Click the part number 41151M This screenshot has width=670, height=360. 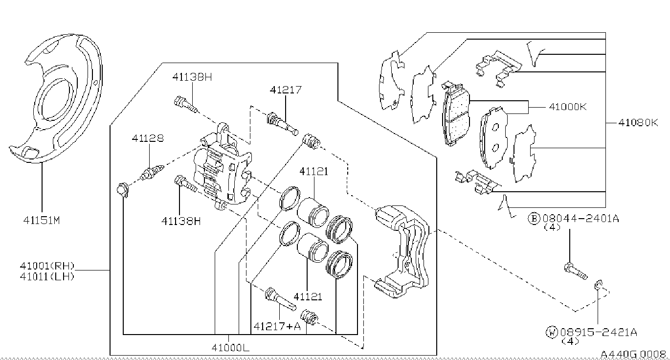pyautogui.click(x=42, y=221)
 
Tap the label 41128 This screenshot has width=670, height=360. pyautogui.click(x=148, y=138)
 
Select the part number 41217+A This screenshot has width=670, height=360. pyautogui.click(x=277, y=326)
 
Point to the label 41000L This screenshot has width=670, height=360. pyautogui.click(x=230, y=347)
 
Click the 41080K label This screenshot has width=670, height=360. pyautogui.click(x=638, y=122)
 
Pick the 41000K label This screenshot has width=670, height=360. pyautogui.click(x=568, y=107)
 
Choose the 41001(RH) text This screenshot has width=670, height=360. pyautogui.click(x=47, y=266)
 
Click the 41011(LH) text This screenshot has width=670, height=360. pyautogui.click(x=47, y=276)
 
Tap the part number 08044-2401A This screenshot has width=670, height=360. pyautogui.click(x=581, y=219)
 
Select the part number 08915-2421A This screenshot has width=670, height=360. pyautogui.click(x=599, y=332)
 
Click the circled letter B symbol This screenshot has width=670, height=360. pyautogui.click(x=534, y=219)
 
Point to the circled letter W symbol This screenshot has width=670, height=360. pyautogui.click(x=552, y=332)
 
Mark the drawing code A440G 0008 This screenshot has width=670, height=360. pyautogui.click(x=633, y=354)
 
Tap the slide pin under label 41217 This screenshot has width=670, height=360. pyautogui.click(x=282, y=123)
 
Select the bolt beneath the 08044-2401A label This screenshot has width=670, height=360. pyautogui.click(x=576, y=270)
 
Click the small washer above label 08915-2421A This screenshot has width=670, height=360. pyautogui.click(x=598, y=285)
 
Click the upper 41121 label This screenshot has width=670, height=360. pyautogui.click(x=314, y=172)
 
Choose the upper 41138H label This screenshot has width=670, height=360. pyautogui.click(x=192, y=77)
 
